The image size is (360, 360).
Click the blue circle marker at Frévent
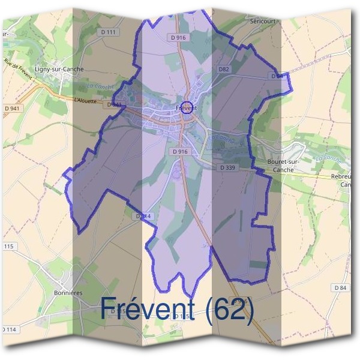point(187,107)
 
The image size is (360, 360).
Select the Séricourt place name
point(262,20)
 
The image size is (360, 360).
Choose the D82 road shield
point(224,70)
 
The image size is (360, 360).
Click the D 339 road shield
point(227,167)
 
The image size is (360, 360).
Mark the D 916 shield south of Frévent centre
point(180,152)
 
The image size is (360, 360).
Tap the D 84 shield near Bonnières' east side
point(340,289)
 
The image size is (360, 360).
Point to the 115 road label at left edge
point(8,247)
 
